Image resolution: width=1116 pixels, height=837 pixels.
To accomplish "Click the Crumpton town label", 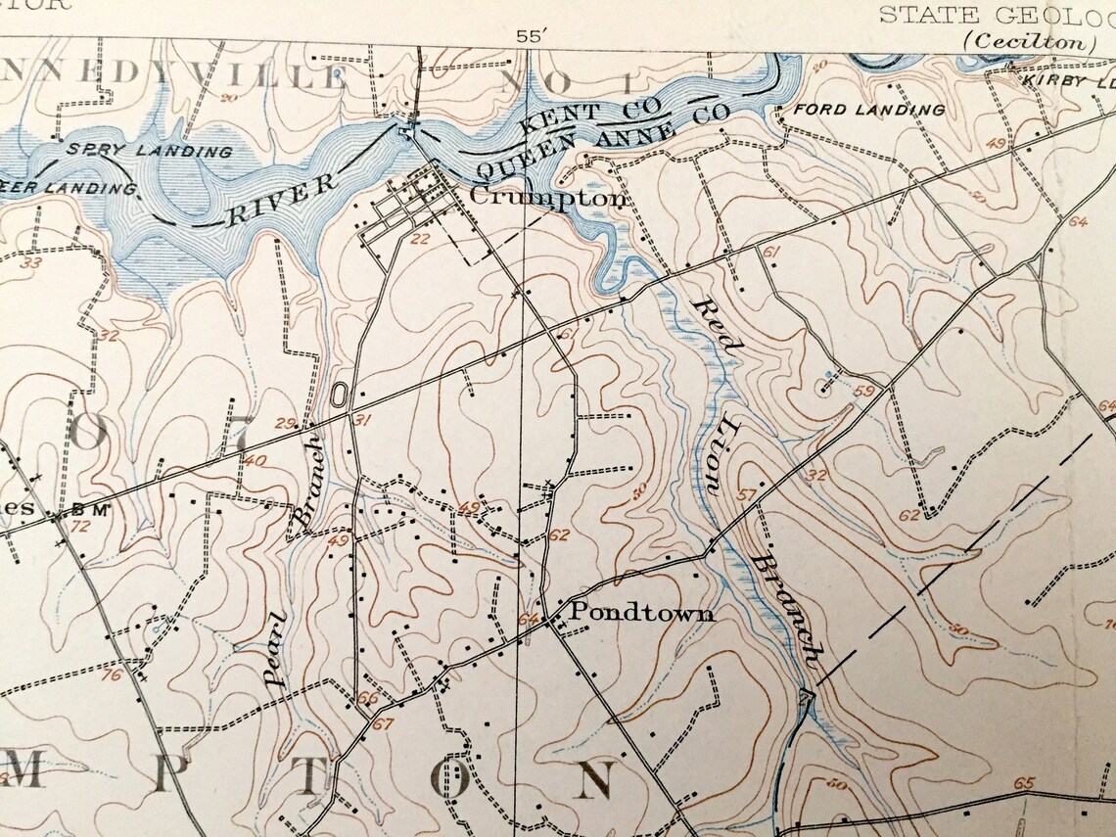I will coord(547,197).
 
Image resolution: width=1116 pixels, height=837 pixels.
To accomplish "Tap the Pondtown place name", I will coord(642,613).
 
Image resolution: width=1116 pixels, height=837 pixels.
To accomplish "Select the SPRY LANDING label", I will coord(149,151).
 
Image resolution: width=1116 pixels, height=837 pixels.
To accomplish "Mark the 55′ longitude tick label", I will coord(530,36).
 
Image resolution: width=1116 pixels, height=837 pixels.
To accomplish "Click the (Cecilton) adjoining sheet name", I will coord(1028,41).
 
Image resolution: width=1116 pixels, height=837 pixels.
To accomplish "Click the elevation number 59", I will coord(863,392).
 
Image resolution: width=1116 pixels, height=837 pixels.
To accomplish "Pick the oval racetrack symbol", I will coord(339,395).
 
